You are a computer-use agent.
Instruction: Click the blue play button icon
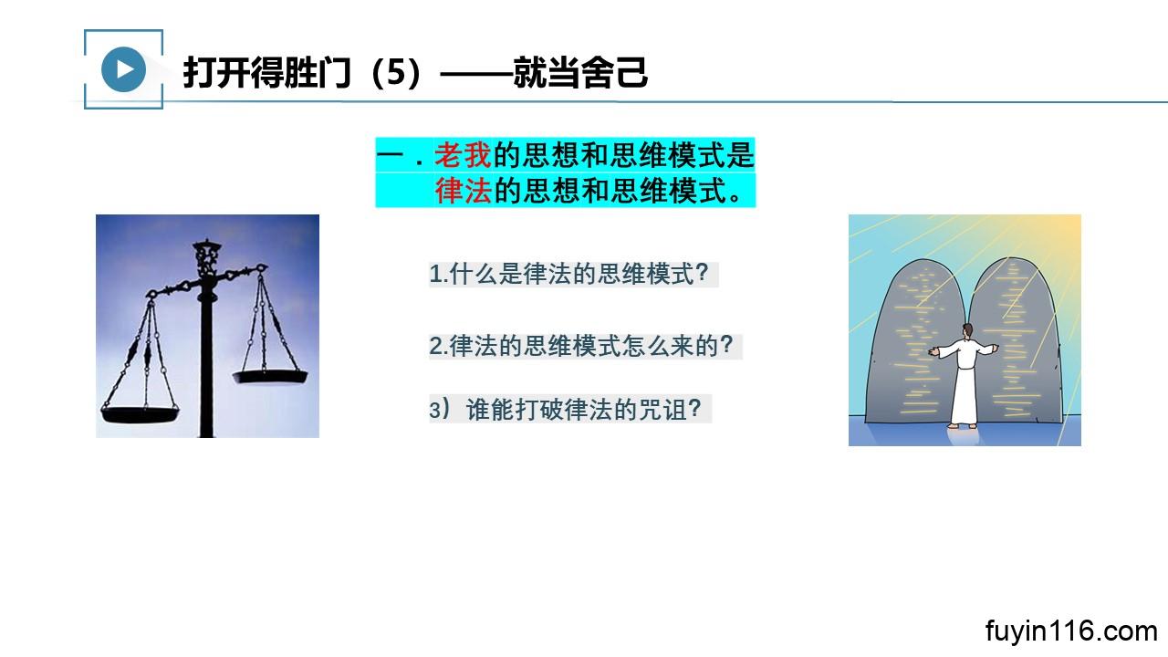point(123,69)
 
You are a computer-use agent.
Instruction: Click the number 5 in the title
point(397,72)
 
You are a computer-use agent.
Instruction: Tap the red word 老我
point(463,155)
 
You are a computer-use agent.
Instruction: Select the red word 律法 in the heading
point(463,191)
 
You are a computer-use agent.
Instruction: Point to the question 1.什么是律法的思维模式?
point(568,274)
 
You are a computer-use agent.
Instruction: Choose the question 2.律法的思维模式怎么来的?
point(581,346)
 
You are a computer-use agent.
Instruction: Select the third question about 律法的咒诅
point(565,410)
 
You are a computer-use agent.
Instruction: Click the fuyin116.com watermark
point(1071,631)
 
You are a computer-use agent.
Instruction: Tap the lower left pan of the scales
point(140,415)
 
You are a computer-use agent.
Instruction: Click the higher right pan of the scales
point(270,376)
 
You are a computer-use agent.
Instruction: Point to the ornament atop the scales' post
point(206,256)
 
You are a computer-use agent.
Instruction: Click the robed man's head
point(968,330)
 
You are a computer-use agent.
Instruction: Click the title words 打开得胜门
point(266,72)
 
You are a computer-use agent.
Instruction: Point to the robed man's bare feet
point(964,426)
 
